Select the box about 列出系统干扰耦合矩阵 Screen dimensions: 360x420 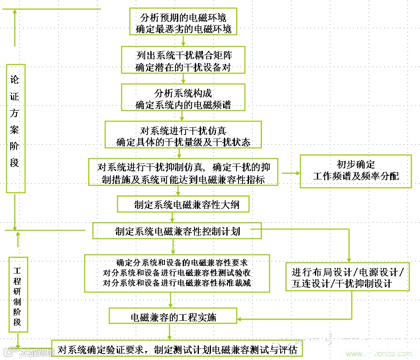click(x=183, y=60)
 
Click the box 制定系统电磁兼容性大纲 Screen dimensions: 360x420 click(x=183, y=204)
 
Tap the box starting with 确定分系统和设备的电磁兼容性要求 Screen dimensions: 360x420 click(x=177, y=272)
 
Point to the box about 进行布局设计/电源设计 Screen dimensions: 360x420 click(x=348, y=277)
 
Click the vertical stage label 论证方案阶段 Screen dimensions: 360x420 click(x=15, y=128)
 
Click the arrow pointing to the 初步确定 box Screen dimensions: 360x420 click(x=291, y=173)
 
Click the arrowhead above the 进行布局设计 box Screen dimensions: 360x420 click(x=349, y=259)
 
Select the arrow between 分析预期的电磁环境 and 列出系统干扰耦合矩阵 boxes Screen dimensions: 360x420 click(x=183, y=40)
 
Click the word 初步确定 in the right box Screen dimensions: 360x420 click(x=355, y=164)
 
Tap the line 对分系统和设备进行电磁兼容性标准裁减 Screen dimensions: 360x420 click(x=177, y=283)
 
